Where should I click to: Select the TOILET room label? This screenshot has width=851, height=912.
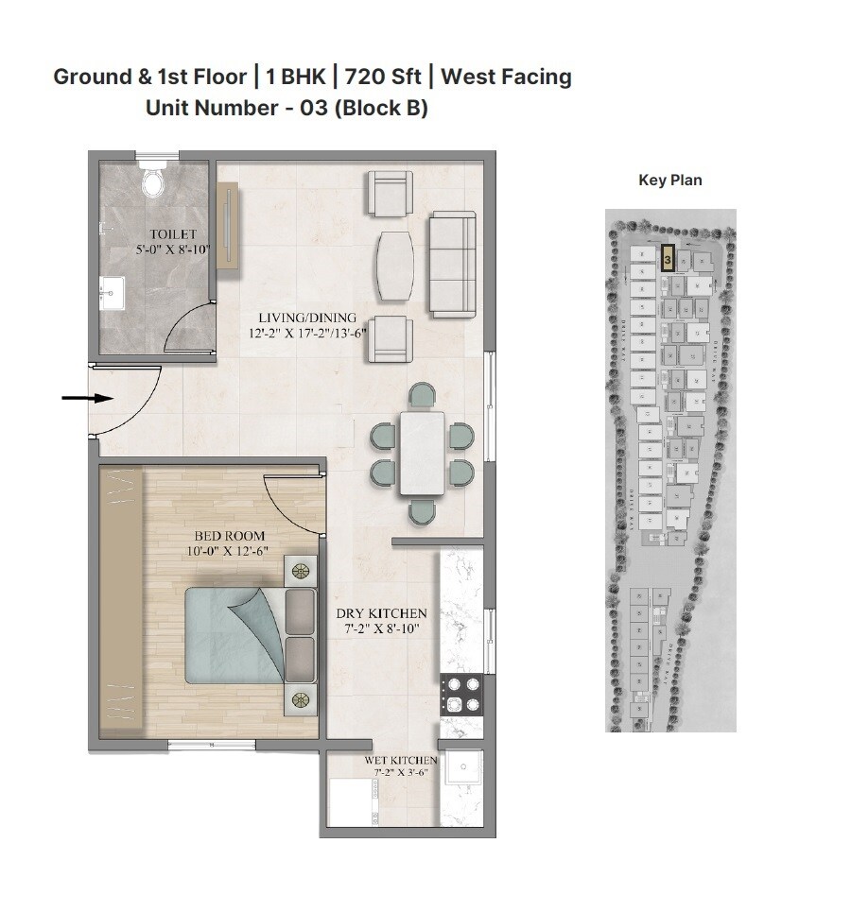click(x=172, y=234)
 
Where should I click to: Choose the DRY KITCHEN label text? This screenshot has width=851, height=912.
click(x=382, y=613)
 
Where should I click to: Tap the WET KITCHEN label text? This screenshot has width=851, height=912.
click(x=401, y=760)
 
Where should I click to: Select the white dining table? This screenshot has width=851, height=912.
click(x=422, y=453)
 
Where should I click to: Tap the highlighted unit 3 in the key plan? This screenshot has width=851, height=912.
click(x=668, y=257)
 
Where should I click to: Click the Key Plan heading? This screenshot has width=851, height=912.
click(x=670, y=181)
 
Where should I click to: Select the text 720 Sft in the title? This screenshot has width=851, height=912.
click(x=383, y=77)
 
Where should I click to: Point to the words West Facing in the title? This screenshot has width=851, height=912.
click(x=506, y=77)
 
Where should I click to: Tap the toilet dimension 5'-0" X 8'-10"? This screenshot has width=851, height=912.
click(x=172, y=250)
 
